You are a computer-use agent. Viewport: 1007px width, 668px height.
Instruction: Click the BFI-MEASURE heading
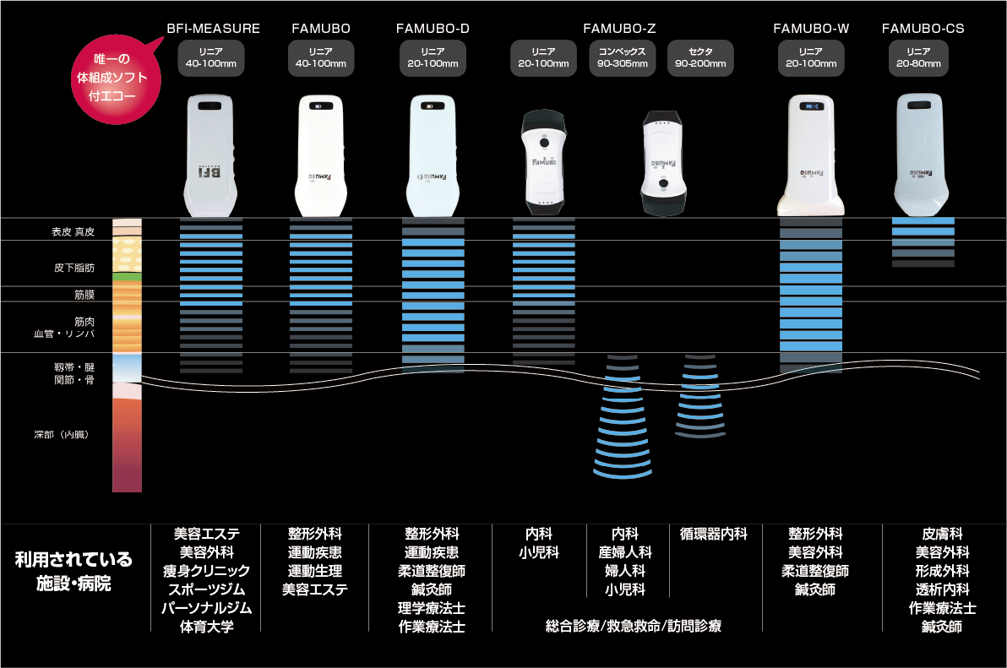[213, 29]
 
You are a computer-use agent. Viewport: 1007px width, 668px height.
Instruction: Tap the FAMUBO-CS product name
[923, 29]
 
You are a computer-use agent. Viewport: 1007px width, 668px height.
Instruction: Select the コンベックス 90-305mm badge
[622, 57]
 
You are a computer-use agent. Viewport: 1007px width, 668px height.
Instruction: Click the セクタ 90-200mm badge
[700, 57]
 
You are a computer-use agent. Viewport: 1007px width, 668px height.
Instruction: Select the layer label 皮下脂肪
[74, 268]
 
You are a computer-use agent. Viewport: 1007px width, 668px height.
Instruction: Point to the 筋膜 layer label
[84, 295]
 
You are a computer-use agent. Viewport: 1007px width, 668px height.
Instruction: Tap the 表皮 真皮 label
[73, 231]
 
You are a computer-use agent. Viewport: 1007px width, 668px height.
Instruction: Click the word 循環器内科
[714, 534]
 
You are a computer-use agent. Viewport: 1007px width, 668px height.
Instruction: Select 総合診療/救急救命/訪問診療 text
[634, 626]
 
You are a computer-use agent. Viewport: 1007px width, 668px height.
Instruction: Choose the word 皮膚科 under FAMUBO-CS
[942, 534]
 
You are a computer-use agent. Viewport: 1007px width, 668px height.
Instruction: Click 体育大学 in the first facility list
[206, 627]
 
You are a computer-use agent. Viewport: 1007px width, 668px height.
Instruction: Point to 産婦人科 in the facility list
[625, 552]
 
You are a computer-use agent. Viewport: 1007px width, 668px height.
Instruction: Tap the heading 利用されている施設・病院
[73, 571]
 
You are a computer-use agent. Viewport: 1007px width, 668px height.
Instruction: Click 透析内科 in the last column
[942, 589]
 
